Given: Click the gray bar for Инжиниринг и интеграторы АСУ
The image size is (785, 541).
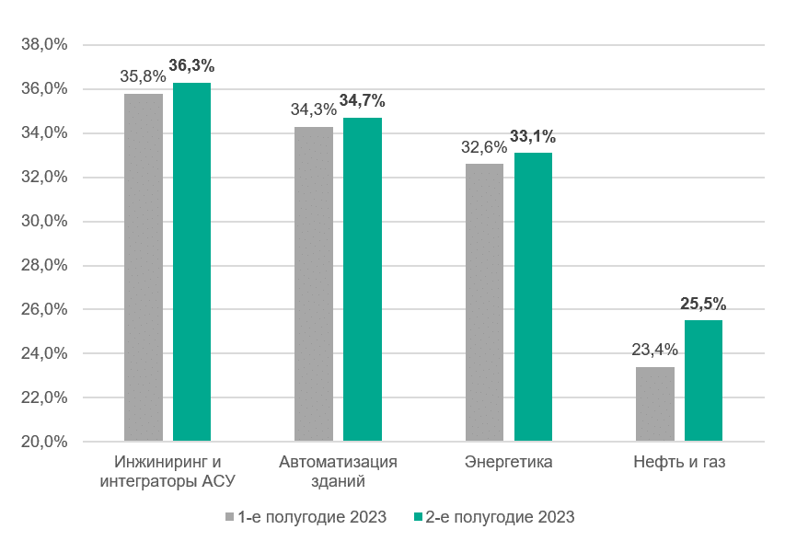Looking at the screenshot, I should (x=143, y=267).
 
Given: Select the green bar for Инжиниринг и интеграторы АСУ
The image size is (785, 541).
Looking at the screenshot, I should (x=191, y=262).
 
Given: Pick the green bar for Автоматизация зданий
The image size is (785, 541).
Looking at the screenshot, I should (x=363, y=280).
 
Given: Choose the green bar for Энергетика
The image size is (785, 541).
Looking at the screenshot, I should (x=533, y=297).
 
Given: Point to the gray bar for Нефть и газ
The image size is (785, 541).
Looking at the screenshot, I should (x=654, y=404).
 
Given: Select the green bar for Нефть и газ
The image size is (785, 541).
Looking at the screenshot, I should (x=703, y=381).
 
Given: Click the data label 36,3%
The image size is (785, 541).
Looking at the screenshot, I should (x=191, y=66).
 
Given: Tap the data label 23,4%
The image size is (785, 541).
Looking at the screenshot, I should (x=654, y=350).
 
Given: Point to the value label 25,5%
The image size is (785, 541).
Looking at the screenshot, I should (x=703, y=303).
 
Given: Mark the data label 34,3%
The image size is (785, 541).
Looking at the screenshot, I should (x=313, y=109).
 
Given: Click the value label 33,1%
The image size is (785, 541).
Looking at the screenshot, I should (x=533, y=137).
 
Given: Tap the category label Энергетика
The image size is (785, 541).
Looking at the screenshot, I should (x=509, y=462).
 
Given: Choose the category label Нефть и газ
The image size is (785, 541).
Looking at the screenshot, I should (x=679, y=462).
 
